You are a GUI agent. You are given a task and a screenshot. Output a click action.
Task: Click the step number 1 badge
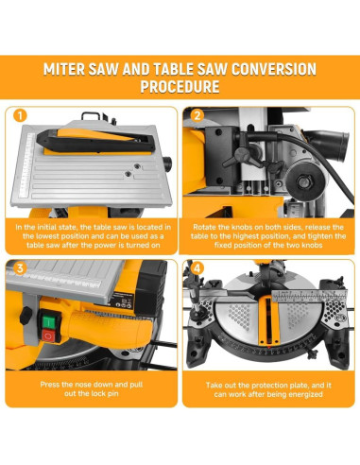20,115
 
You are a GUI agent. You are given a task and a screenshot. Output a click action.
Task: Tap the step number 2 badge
197,115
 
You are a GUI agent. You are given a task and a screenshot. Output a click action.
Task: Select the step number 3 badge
20,268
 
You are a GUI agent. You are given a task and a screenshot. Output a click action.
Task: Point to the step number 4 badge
197,268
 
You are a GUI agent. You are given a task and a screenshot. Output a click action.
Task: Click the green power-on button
49,321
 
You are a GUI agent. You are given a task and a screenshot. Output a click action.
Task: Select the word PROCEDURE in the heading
180,87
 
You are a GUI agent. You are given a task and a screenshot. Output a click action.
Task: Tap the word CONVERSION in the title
274,69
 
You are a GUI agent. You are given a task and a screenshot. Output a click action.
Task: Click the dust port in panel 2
336,141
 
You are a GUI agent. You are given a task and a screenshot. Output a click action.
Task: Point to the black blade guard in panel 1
95,140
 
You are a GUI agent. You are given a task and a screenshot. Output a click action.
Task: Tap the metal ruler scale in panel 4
309,296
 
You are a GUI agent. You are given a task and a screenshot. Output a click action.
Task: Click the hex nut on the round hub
304,181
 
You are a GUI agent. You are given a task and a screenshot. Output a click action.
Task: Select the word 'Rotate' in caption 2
203,227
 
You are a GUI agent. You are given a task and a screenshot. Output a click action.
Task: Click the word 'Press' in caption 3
50,385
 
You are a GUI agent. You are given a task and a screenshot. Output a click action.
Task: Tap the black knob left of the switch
26,316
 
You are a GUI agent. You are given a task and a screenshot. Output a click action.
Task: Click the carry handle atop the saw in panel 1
92,116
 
